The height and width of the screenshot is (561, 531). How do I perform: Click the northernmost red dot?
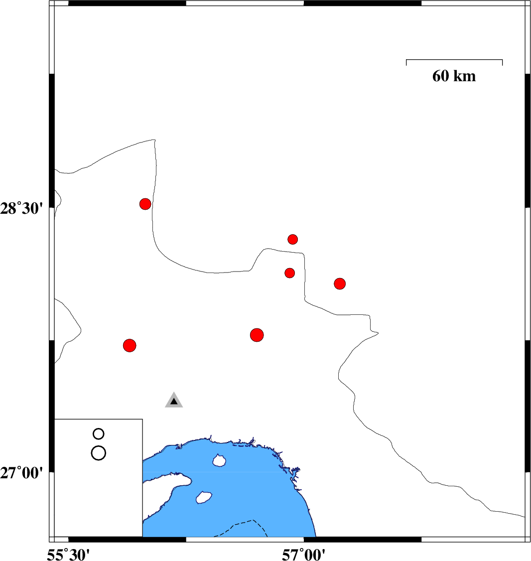(145, 204)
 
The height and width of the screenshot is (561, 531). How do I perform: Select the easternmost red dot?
(340, 283)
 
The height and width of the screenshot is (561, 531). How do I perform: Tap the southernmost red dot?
(130, 345)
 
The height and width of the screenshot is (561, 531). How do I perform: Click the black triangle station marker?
(174, 402)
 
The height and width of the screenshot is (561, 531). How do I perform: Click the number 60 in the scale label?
(440, 76)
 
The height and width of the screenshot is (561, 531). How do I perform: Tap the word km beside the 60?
(465, 76)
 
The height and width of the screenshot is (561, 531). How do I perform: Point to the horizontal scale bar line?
(454, 60)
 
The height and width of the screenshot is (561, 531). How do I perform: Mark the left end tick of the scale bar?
(406, 63)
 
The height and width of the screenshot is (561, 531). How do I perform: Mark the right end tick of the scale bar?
(503, 63)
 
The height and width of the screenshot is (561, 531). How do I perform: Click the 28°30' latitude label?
(21, 208)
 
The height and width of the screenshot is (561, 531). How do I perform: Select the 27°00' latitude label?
(21, 473)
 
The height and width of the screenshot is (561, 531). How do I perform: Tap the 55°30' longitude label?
(68, 555)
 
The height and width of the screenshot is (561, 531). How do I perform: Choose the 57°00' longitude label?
(304, 555)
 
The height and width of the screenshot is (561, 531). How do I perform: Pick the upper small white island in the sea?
(219, 460)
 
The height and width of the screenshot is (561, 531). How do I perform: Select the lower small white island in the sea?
(204, 497)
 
